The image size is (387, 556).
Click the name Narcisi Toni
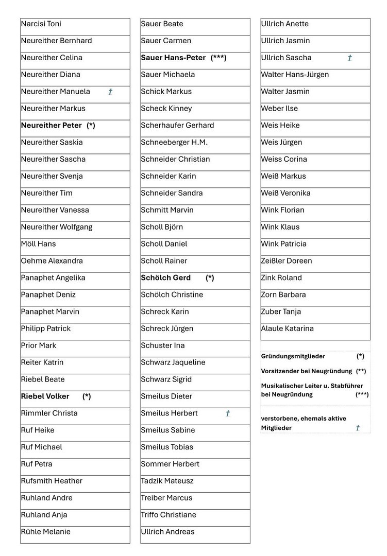point(41,24)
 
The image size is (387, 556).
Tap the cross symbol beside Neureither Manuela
point(110,92)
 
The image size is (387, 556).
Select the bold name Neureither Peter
point(52,126)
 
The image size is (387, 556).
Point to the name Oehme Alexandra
point(52,261)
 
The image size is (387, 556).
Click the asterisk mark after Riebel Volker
point(87,396)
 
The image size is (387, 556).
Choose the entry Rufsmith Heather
point(52,481)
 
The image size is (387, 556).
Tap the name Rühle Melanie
point(46,532)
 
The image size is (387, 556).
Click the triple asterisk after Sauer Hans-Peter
point(218,58)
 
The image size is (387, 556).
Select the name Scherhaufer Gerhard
point(177,126)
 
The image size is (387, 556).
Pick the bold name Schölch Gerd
point(166,278)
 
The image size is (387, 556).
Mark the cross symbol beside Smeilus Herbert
point(228,413)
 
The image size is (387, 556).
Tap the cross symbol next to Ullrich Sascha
point(349,58)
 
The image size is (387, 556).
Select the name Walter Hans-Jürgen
point(295,75)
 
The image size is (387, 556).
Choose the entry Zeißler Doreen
point(287,261)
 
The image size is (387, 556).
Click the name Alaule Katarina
point(288,328)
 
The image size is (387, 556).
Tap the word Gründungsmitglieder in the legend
point(293,356)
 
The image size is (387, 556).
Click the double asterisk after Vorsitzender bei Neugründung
point(361,371)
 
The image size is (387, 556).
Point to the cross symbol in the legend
point(358,428)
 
